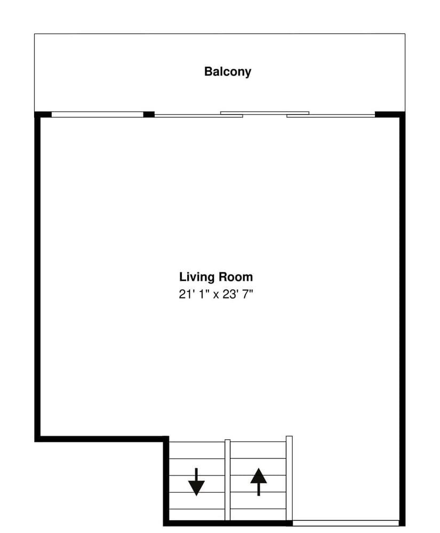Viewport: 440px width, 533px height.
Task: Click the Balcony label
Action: (x=227, y=71)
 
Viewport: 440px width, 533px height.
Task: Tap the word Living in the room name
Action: (x=197, y=277)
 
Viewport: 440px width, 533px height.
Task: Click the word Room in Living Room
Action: (x=235, y=277)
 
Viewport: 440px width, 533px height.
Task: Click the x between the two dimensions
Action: (x=216, y=294)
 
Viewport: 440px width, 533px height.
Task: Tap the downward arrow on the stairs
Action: (x=196, y=482)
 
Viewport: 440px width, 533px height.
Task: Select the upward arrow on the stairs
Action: (x=259, y=482)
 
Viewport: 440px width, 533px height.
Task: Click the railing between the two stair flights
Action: (x=228, y=480)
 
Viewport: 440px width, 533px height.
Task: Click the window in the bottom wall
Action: (x=346, y=522)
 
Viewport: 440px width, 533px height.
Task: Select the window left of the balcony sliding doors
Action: (x=97, y=114)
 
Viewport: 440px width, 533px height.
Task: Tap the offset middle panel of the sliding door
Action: (x=265, y=112)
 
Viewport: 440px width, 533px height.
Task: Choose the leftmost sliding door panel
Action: (x=198, y=115)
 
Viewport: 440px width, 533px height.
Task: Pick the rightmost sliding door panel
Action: (x=331, y=115)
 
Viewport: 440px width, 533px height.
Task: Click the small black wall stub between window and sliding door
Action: (x=149, y=114)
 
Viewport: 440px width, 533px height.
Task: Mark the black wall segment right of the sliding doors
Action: (x=389, y=114)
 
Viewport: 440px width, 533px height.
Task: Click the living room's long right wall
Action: (x=402, y=320)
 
